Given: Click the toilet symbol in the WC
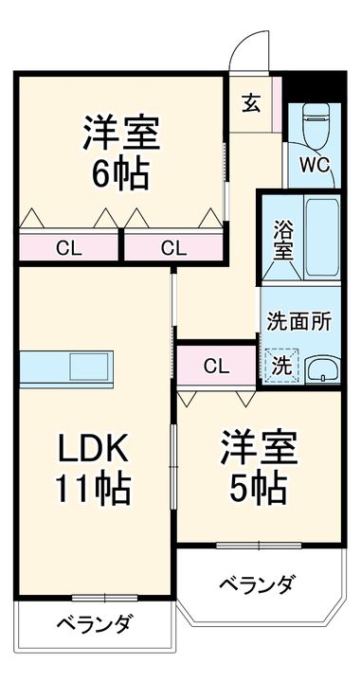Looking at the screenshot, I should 313,123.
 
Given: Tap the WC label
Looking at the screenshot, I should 315,164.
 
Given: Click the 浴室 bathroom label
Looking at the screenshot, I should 282,240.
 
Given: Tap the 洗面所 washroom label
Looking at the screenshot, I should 298,320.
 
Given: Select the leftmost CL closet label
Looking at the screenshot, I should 67,249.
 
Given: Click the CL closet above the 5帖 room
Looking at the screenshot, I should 216,365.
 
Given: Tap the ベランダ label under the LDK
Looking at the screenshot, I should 93,624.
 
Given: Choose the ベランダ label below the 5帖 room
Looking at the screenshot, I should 257,583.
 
